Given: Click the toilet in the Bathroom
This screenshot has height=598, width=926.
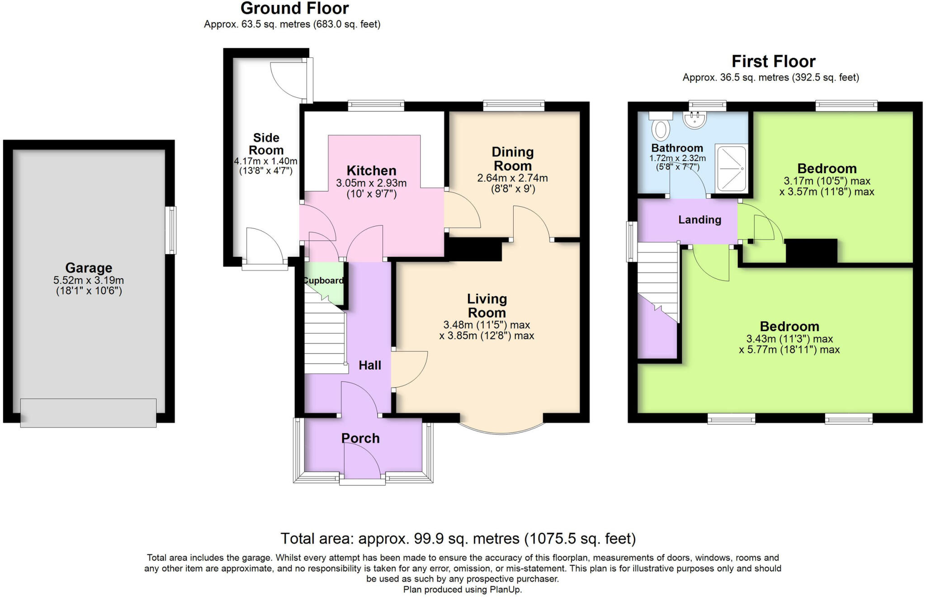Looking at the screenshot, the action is tap(661, 125).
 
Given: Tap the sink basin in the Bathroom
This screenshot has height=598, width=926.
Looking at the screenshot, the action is tap(694, 120).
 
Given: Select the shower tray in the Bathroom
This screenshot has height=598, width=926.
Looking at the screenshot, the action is tap(731, 168).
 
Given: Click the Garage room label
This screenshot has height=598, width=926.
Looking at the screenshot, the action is tap(89, 268).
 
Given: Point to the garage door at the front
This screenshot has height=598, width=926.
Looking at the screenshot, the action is tap(88, 413).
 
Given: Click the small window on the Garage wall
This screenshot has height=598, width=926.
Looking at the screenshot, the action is tap(170, 230).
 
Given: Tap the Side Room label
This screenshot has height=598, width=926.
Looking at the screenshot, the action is tap(266, 144).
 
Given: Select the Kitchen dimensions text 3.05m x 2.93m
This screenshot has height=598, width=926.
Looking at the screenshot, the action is tap(371, 183).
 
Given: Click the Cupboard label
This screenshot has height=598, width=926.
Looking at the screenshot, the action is tap(323, 280).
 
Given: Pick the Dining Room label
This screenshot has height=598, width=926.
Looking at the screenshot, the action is tap(513, 159).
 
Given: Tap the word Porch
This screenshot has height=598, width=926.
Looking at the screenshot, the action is tap(360, 438).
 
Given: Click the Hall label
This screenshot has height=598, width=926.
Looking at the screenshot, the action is tap(370, 365).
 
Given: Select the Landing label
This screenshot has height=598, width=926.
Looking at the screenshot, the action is tap(699, 220).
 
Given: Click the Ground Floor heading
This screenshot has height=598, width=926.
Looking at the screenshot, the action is tap(295, 8).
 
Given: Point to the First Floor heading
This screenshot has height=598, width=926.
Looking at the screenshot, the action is tap(774, 61).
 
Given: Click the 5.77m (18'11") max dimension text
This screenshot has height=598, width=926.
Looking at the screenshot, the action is tap(789, 350).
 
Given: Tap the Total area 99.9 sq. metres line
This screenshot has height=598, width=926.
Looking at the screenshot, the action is tap(458, 538).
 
